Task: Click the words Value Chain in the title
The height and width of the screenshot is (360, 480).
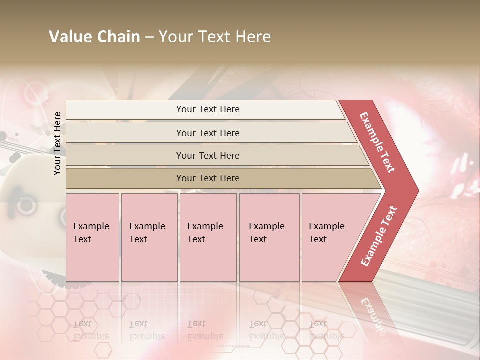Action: tap(94, 37)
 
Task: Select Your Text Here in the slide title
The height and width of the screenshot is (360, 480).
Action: tap(215, 37)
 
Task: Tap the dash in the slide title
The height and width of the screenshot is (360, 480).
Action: tap(149, 37)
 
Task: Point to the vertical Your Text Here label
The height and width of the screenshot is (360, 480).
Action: tap(58, 143)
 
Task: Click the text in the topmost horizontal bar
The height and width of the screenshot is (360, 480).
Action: tap(208, 109)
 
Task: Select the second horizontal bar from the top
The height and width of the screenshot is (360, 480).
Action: tap(208, 133)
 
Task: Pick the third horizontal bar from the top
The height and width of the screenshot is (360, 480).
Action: tap(208, 155)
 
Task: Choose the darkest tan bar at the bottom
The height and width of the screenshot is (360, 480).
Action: tap(208, 178)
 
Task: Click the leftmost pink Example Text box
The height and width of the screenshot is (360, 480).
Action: tap(92, 237)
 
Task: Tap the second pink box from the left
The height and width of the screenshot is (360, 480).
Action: tap(149, 237)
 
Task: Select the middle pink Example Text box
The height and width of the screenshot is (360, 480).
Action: tap(208, 237)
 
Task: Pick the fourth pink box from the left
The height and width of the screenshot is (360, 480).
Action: tap(269, 237)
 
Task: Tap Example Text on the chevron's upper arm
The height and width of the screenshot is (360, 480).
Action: tap(377, 142)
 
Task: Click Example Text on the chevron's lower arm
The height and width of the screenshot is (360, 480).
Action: tap(379, 236)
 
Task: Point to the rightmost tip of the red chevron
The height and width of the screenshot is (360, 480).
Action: tap(418, 190)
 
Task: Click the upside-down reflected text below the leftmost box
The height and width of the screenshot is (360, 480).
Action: tap(91, 330)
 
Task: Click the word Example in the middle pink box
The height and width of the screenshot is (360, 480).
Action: tap(205, 226)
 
